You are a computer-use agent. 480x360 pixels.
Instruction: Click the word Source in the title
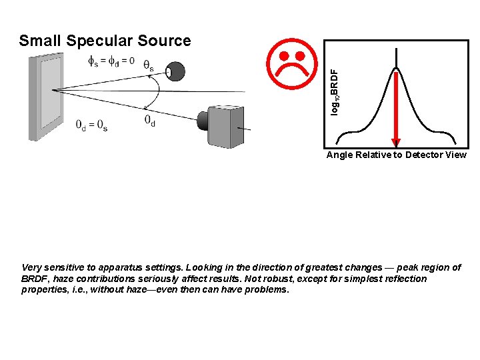click(164, 41)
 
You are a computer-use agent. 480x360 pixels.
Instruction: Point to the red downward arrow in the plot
click(396, 107)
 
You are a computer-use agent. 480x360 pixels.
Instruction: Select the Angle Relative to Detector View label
click(396, 155)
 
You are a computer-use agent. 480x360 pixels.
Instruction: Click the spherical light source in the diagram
click(177, 71)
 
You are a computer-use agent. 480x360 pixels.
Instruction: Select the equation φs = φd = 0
click(111, 61)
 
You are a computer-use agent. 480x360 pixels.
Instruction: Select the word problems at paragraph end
click(265, 290)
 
